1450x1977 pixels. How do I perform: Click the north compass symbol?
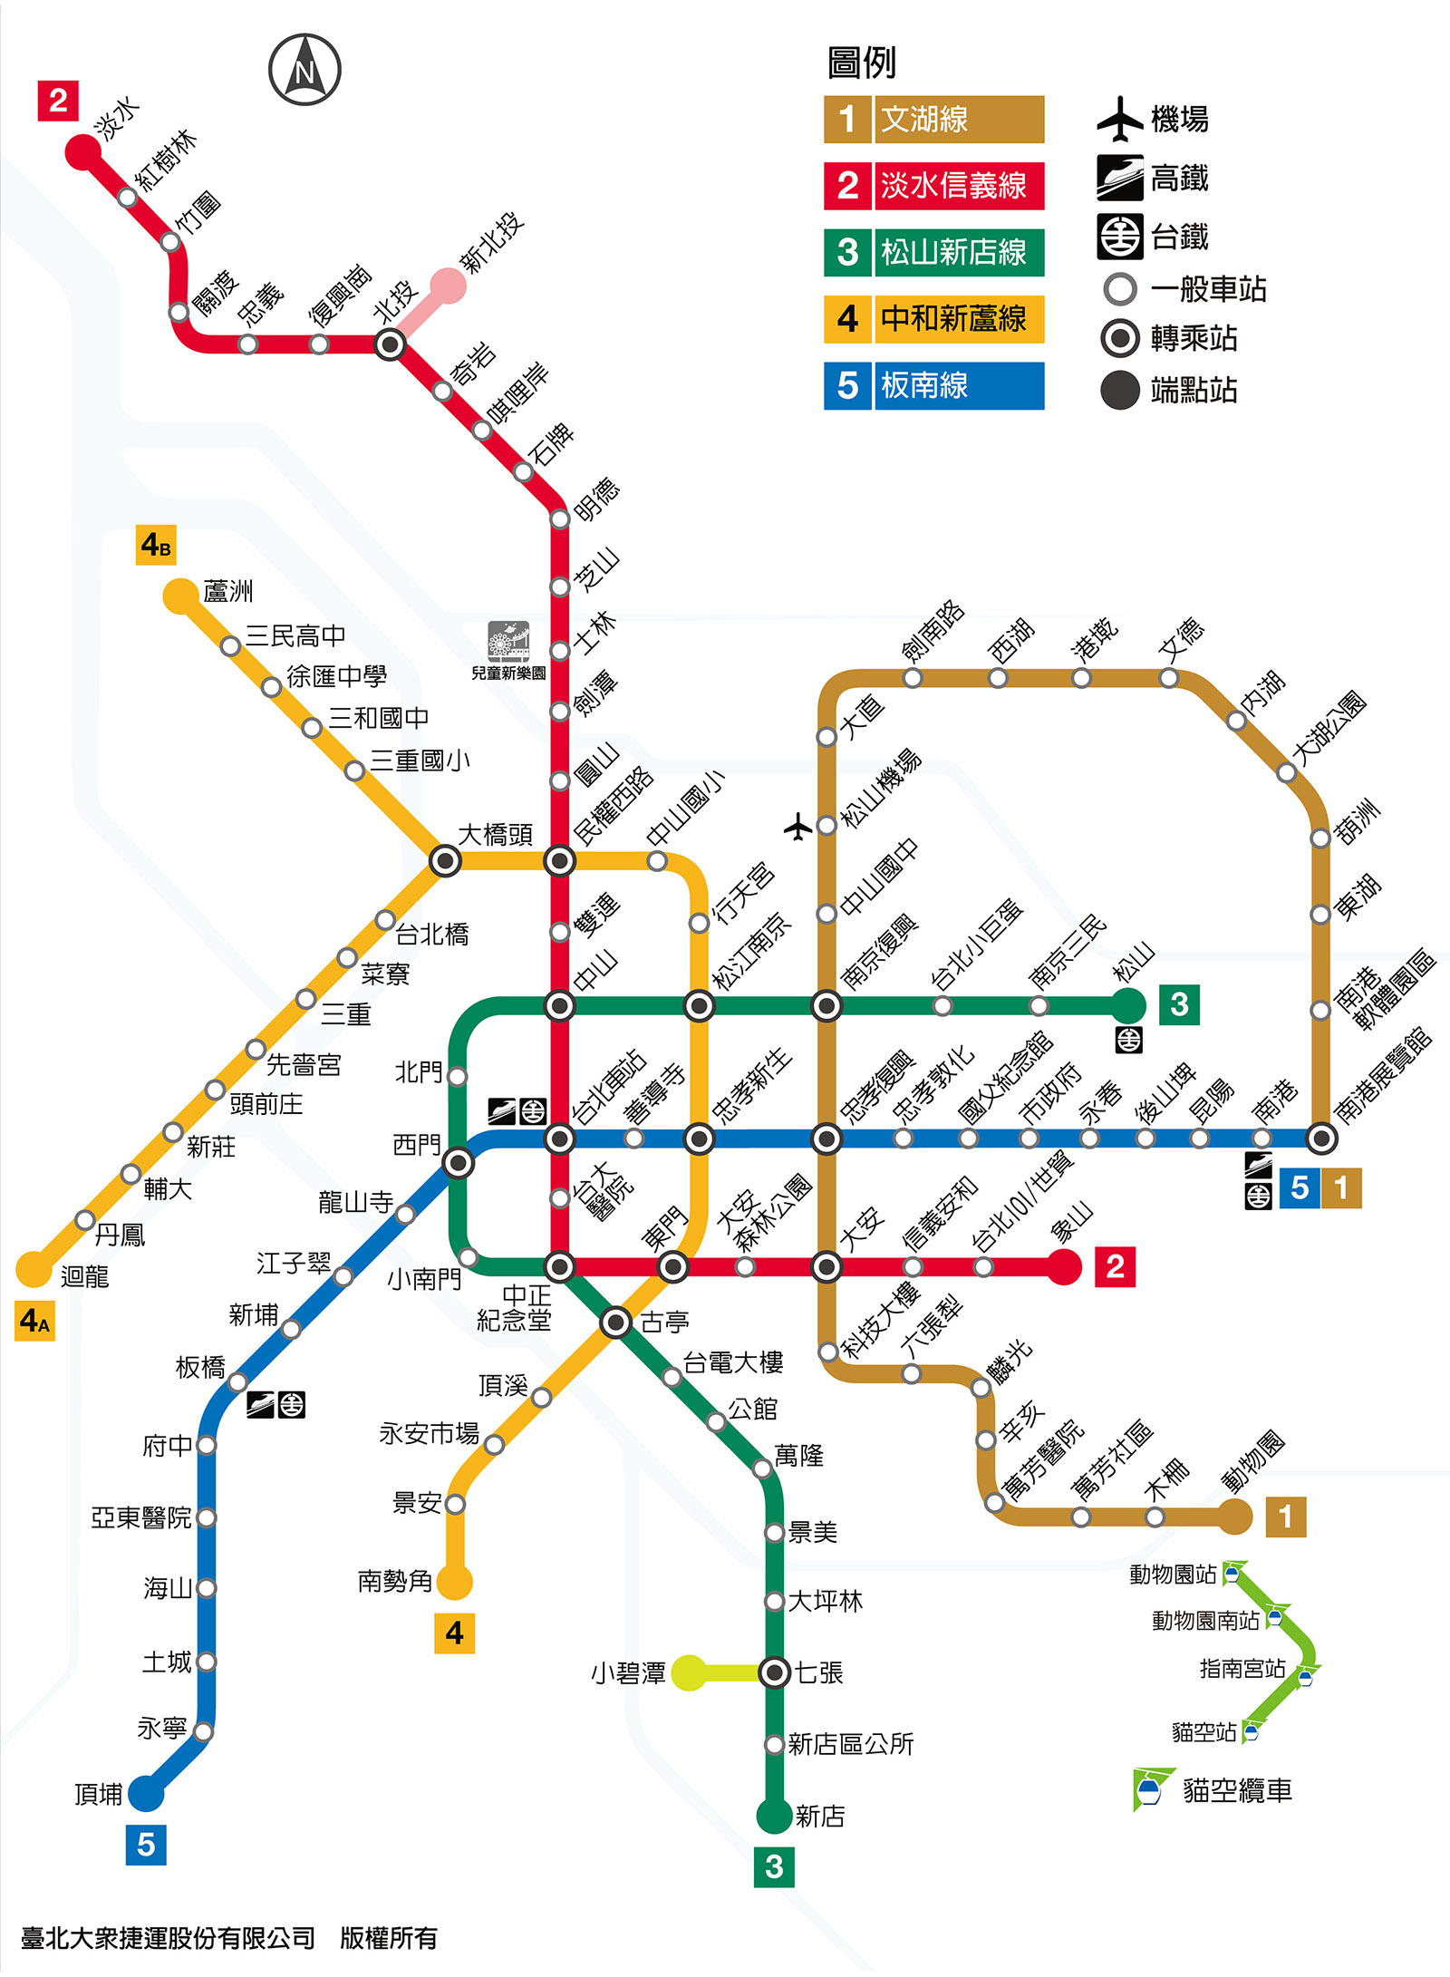click(304, 70)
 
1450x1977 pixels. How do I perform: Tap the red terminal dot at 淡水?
click(82, 151)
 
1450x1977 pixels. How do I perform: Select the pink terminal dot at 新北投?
click(448, 286)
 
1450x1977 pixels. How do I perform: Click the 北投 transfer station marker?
click(390, 344)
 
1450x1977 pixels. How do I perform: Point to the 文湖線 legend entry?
click(933, 120)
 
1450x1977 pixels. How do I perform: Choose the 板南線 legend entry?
click(933, 386)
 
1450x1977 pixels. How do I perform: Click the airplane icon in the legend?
click(1120, 119)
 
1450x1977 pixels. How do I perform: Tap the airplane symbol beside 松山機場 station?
click(797, 827)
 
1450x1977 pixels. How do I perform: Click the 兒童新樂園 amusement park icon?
click(508, 642)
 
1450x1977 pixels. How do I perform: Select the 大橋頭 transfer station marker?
click(445, 860)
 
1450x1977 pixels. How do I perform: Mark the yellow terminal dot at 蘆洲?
click(180, 596)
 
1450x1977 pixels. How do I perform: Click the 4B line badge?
click(156, 546)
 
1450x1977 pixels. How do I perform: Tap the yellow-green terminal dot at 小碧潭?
click(689, 1672)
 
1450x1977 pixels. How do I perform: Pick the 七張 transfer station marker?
click(775, 1672)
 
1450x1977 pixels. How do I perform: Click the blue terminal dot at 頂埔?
click(146, 1793)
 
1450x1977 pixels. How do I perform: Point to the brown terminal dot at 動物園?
click(1234, 1517)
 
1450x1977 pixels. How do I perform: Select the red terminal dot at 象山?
click(1065, 1266)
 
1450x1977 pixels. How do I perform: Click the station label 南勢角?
click(395, 1582)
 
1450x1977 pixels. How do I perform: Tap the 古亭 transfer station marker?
click(616, 1323)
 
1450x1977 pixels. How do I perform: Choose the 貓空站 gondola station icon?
click(1251, 1733)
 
